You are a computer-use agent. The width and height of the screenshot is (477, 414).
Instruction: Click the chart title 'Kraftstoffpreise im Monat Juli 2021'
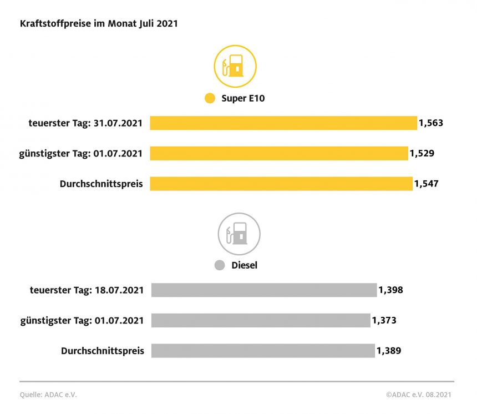pyautogui.click(x=99, y=24)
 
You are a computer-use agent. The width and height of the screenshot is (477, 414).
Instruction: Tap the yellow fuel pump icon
pyautogui.click(x=235, y=67)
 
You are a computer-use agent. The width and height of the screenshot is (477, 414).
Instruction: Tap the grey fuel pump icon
pyautogui.click(x=239, y=234)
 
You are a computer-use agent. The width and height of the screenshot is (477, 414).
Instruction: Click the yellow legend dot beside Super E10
pyautogui.click(x=210, y=99)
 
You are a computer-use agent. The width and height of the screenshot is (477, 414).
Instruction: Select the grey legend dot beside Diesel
pyautogui.click(x=220, y=265)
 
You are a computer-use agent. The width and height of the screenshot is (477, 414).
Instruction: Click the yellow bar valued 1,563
pyautogui.click(x=283, y=123)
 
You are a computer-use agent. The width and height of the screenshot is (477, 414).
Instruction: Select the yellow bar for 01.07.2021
pyautogui.click(x=278, y=153)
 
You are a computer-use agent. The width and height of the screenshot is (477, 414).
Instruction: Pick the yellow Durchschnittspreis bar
pyautogui.click(x=281, y=184)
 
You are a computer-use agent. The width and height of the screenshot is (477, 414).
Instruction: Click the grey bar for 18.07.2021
pyautogui.click(x=263, y=290)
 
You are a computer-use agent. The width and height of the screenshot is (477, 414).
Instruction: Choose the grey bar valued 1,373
pyautogui.click(x=260, y=320)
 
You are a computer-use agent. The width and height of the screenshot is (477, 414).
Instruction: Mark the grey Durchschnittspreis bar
pyautogui.click(x=262, y=351)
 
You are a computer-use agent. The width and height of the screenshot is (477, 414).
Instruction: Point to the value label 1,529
pyautogui.click(x=422, y=153)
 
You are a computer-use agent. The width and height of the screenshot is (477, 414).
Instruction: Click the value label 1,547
pyautogui.click(x=427, y=184)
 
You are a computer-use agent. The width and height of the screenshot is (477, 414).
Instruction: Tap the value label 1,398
pyautogui.click(x=390, y=290)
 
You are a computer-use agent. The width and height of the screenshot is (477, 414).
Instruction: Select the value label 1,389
pyautogui.click(x=389, y=351)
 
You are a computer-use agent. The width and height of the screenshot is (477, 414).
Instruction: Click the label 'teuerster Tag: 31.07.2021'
pyautogui.click(x=85, y=123)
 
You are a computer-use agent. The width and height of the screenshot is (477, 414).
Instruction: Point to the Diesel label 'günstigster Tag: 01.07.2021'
pyautogui.click(x=82, y=320)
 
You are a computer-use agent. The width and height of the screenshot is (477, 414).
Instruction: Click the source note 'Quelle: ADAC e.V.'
pyautogui.click(x=48, y=395)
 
